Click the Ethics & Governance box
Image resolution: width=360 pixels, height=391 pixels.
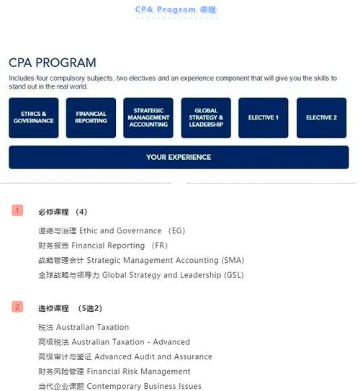click(33, 117)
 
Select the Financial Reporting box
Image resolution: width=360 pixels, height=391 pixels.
click(91, 117)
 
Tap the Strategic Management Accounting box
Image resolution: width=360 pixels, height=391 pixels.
click(148, 117)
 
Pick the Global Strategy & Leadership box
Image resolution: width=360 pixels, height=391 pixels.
click(206, 117)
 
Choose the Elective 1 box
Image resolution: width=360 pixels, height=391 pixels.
click(263, 117)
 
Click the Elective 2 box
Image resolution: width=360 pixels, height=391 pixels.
click(321, 117)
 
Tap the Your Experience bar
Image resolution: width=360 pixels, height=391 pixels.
click(179, 157)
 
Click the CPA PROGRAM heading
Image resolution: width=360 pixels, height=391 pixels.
click(53, 63)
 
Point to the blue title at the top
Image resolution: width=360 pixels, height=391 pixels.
click(176, 9)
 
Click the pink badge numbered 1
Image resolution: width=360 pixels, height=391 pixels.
click(17, 211)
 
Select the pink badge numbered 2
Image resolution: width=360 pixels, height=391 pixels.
click(17, 307)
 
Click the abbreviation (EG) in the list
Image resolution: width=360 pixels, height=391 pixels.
click(176, 231)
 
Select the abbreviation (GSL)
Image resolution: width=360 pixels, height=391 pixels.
click(231, 275)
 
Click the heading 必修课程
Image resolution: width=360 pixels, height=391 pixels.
click(53, 212)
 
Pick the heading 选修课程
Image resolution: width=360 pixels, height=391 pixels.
click(53, 308)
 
